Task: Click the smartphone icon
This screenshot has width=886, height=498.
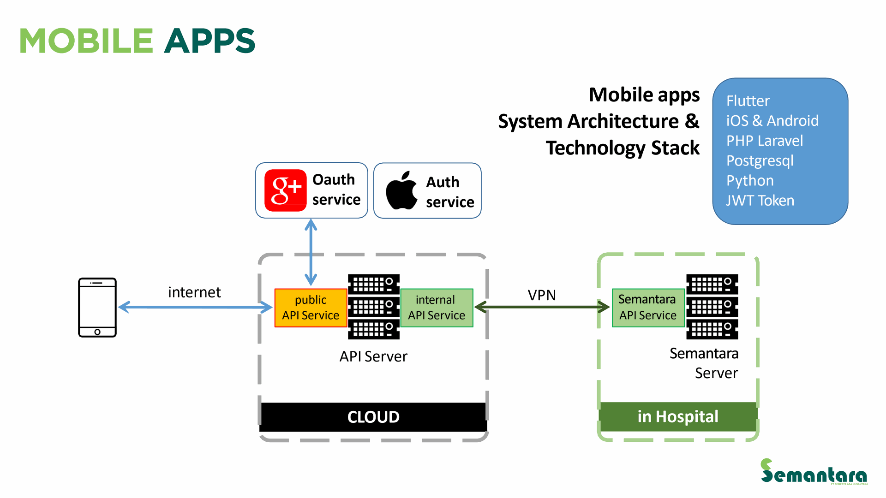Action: [97, 308]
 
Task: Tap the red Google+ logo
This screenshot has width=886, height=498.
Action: [285, 190]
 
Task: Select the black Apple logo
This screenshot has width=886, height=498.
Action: [401, 191]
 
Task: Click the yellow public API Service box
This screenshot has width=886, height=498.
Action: [311, 308]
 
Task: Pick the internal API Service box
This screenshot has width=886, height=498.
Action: [437, 308]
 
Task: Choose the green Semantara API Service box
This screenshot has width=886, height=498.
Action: [648, 308]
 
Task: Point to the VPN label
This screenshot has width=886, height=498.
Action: [542, 295]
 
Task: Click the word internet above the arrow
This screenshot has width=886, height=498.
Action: [194, 292]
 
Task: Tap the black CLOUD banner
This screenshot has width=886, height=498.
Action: [373, 417]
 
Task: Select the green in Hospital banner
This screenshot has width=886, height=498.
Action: [677, 417]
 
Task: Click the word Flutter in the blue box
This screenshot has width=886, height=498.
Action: [748, 101]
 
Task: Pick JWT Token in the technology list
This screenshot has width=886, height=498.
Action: [760, 201]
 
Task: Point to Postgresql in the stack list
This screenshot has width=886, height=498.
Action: [760, 161]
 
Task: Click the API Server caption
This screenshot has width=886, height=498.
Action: [373, 356]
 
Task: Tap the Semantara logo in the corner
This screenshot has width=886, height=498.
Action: [814, 472]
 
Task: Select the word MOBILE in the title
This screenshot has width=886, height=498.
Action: [86, 41]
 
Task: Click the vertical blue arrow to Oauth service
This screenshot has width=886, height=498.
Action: [311, 252]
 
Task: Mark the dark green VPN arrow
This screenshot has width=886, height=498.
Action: [542, 307]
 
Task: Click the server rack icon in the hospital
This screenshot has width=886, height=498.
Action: [712, 307]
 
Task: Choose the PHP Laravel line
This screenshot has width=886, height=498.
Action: [765, 141]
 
